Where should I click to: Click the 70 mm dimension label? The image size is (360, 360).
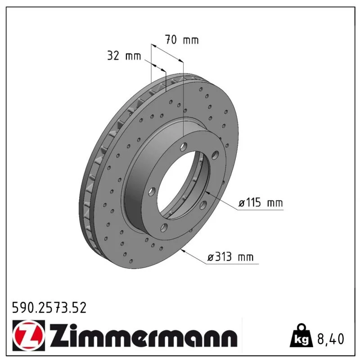tap(182, 40)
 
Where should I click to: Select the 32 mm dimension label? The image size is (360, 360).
tap(124, 56)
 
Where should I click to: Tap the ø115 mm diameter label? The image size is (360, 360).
tap(261, 203)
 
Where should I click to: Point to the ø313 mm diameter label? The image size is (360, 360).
tap(230, 256)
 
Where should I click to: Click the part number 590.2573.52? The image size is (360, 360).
tap(49, 307)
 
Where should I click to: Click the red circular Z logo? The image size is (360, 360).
tap(28, 336)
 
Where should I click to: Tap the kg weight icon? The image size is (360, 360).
tap(301, 336)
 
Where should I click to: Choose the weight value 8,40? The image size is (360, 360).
tap(331, 339)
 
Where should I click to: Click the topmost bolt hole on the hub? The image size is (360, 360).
tap(184, 147)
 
